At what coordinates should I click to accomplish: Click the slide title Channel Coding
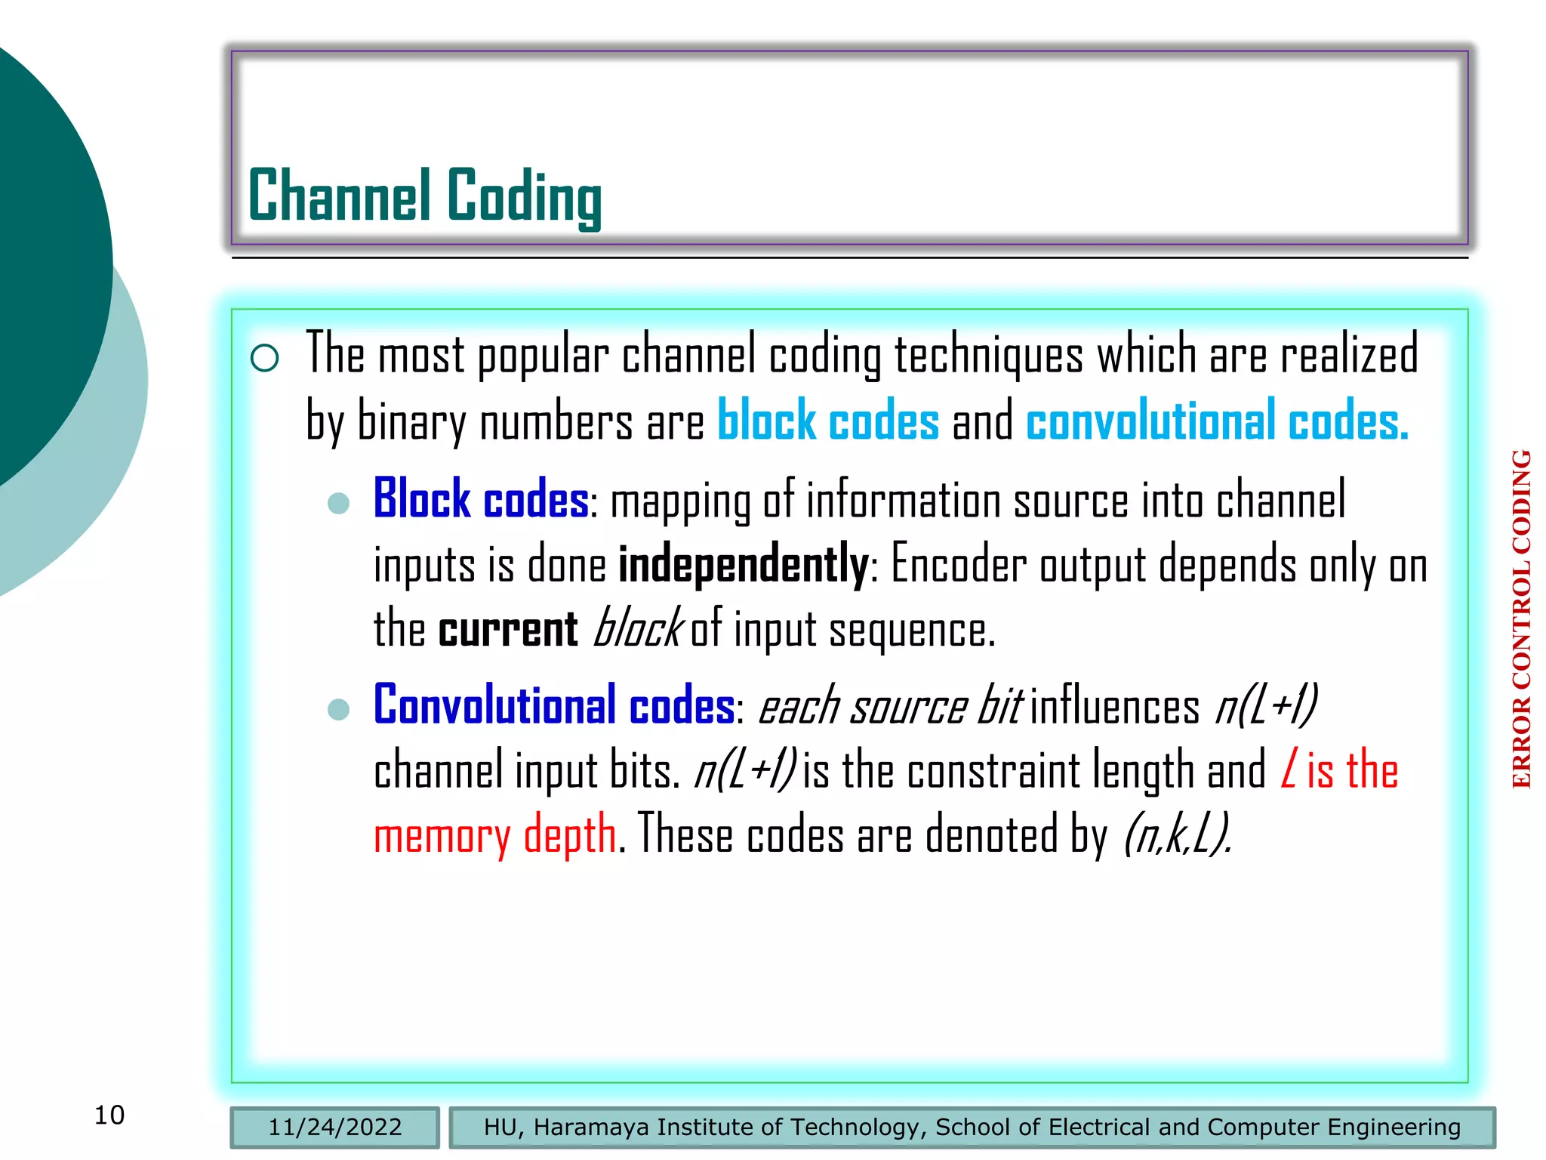(x=424, y=196)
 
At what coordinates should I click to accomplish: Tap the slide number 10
(x=109, y=1115)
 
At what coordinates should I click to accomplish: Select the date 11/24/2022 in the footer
(x=334, y=1127)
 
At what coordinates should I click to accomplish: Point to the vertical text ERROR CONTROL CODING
(x=1521, y=619)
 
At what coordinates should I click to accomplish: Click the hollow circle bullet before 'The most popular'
(x=265, y=357)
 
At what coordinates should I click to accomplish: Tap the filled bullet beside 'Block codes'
(x=339, y=503)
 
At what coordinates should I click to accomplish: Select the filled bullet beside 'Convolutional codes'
(x=339, y=709)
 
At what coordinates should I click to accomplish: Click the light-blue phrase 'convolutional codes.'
(x=1217, y=421)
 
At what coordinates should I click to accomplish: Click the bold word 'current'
(x=508, y=630)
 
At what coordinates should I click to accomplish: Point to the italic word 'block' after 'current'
(x=638, y=628)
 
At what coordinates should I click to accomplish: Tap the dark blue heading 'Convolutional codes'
(x=554, y=705)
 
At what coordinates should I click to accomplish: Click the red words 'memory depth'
(x=495, y=835)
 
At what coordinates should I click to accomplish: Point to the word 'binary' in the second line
(x=411, y=421)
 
